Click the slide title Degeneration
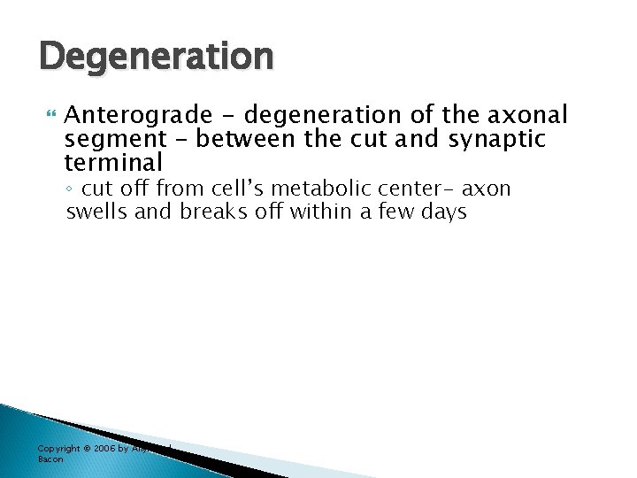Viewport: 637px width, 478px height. coord(157,58)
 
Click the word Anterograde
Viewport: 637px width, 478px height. coord(139,116)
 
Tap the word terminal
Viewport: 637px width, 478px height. coord(114,163)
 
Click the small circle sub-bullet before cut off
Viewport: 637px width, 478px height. coord(71,189)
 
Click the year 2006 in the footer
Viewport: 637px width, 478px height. coord(107,449)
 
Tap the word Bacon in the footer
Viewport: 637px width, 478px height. coord(50,459)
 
